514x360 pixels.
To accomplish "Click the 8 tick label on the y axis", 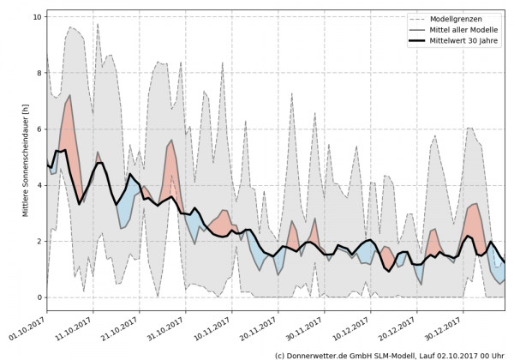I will (39, 72).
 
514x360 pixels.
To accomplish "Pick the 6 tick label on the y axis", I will (39, 129).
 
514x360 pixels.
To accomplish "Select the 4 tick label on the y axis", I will (39, 184).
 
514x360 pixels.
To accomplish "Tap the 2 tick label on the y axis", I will (39, 241).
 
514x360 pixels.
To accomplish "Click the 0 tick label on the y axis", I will (39, 297).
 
